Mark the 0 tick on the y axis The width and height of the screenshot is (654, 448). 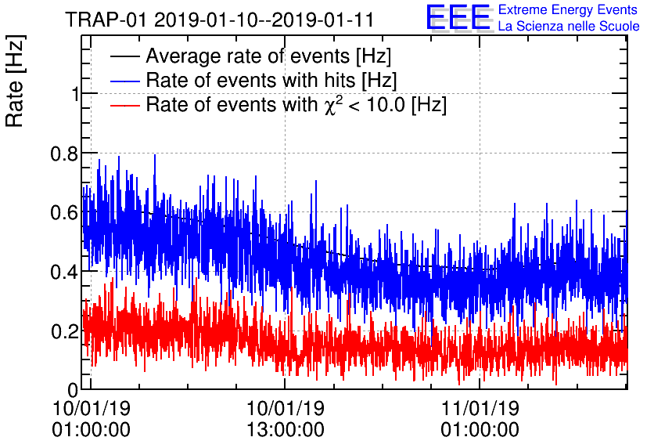click(73, 389)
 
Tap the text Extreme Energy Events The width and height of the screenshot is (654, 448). click(569, 10)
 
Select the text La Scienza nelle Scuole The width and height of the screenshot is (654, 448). click(569, 27)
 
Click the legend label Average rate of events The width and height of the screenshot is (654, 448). click(268, 56)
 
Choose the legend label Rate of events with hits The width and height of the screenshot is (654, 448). click(271, 80)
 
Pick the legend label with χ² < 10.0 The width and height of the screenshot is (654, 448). click(296, 104)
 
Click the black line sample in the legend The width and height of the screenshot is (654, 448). click(124, 56)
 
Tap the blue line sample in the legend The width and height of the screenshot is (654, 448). click(124, 80)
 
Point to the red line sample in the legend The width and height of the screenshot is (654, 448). click(124, 104)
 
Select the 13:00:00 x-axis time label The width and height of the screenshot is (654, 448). click(286, 429)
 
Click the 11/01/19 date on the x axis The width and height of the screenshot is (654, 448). click(481, 408)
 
